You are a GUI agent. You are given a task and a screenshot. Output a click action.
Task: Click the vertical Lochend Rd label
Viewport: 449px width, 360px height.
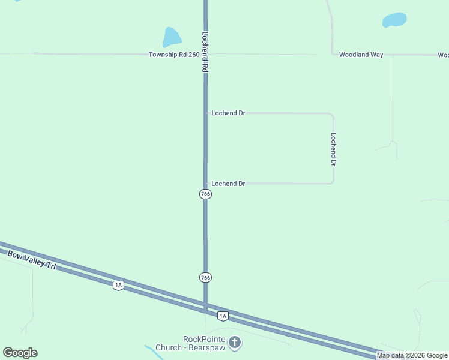(x=205, y=52)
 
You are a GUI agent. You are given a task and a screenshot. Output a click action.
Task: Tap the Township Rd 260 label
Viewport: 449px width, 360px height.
(x=174, y=55)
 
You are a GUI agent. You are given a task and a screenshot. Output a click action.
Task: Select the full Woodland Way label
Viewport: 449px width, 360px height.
(x=361, y=55)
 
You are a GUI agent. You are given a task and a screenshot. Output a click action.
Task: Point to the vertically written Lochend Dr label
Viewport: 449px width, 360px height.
(x=333, y=149)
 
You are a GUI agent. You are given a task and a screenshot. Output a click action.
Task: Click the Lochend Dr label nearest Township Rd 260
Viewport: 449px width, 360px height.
(x=228, y=113)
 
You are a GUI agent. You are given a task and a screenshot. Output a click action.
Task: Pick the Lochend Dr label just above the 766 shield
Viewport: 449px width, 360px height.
(x=228, y=184)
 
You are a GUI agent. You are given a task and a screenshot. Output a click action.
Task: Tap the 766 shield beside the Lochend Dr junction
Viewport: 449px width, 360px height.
(x=205, y=194)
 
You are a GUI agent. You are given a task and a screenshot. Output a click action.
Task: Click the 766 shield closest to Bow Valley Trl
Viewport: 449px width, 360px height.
(x=205, y=277)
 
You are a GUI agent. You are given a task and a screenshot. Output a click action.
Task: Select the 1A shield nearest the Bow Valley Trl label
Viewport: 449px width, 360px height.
(x=118, y=286)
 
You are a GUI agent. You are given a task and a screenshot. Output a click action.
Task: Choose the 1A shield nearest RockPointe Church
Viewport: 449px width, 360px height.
(x=223, y=316)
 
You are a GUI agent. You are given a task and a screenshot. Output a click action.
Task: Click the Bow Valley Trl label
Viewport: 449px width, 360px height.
(x=31, y=260)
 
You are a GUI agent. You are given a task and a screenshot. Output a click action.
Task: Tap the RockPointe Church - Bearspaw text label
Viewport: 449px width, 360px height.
(x=188, y=343)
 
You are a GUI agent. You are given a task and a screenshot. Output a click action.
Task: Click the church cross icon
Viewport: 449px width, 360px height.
(x=235, y=343)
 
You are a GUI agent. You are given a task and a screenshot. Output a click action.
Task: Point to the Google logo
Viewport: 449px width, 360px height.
(x=20, y=353)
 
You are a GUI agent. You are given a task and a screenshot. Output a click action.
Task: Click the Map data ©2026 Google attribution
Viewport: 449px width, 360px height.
(x=412, y=356)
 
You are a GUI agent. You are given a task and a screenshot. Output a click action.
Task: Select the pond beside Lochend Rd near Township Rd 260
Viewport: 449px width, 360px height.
(x=171, y=37)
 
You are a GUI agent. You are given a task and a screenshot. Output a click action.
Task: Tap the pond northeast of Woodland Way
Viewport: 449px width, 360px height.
(x=394, y=20)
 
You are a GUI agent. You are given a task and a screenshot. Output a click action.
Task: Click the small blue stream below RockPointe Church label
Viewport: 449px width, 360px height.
(x=154, y=352)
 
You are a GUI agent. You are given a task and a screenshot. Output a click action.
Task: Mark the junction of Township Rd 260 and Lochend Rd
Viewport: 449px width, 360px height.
(x=205, y=55)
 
